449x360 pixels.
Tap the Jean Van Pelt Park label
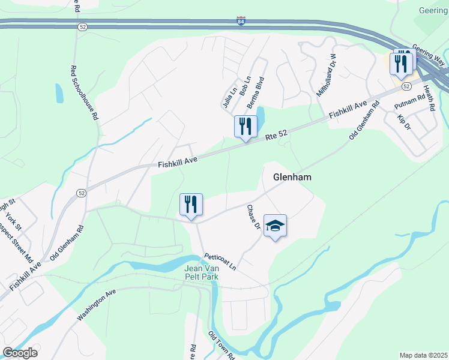pos(201,272)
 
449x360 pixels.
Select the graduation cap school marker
pos(275,226)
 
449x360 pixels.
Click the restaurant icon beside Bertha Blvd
pos(245,127)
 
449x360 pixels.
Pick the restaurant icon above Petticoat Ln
pos(191,205)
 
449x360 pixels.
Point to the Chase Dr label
pos(254,217)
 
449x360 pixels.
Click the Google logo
pos(20,353)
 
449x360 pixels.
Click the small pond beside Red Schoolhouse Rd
pos(59,93)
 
